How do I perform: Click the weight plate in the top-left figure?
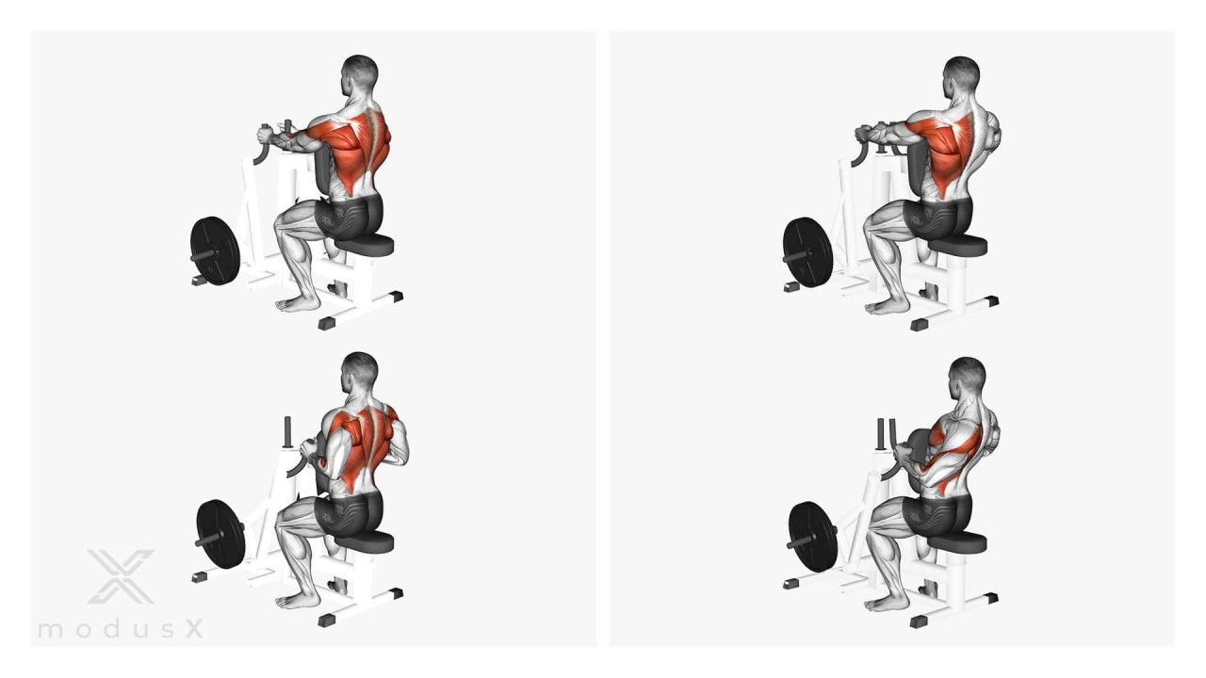click(x=214, y=250)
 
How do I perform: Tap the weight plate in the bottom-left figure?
click(x=220, y=534)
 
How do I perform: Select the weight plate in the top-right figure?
click(x=807, y=251)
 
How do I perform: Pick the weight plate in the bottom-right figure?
click(x=813, y=536)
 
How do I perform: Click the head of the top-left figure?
click(x=359, y=75)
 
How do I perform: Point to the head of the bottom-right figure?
click(x=966, y=379)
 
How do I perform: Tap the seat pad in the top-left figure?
click(x=365, y=245)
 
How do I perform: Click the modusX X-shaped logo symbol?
click(x=121, y=576)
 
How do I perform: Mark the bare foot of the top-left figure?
click(x=297, y=304)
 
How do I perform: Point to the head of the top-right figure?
click(x=960, y=77)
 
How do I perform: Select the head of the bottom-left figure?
click(x=359, y=374)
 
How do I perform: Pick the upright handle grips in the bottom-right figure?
click(x=888, y=433)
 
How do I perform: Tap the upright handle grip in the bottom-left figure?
click(x=287, y=431)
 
